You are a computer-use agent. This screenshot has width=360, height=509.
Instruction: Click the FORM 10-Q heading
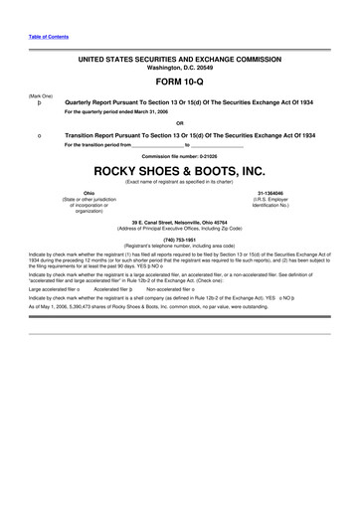(179, 82)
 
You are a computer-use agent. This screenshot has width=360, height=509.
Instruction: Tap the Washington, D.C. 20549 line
(179, 68)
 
